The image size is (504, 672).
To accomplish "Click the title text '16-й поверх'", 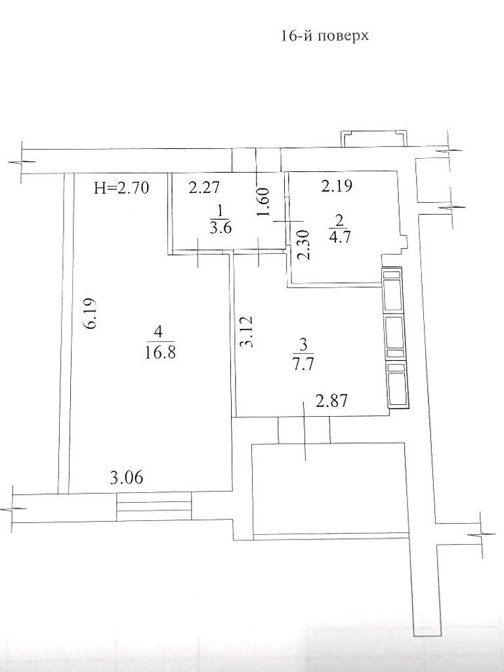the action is [x=325, y=36].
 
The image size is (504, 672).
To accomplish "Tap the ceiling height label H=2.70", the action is [x=121, y=188].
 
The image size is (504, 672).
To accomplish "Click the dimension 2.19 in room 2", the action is [x=337, y=186].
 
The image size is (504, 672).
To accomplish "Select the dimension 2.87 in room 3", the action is [x=331, y=402].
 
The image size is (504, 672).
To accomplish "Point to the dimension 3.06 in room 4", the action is [x=127, y=477].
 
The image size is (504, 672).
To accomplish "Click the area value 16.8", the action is [x=159, y=354].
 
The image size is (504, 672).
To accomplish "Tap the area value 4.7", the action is [x=340, y=237].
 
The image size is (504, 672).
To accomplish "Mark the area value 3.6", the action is [x=220, y=226].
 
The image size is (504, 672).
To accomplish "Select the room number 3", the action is [x=304, y=344].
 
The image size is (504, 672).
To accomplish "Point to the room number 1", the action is [x=220, y=211].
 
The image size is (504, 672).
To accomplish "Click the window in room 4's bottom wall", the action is [x=154, y=507].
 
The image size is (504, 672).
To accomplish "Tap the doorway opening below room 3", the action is [x=304, y=430].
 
